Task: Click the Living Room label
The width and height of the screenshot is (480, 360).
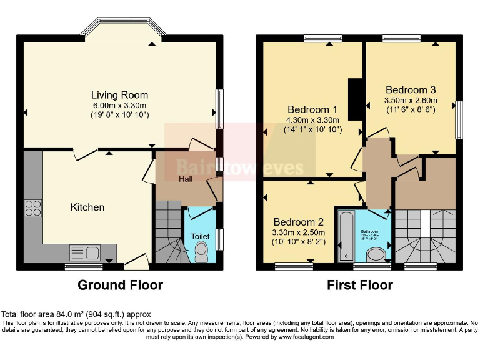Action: tap(119, 95)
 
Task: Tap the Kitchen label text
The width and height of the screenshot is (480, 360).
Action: tap(87, 207)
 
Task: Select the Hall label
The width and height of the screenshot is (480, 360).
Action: tap(186, 179)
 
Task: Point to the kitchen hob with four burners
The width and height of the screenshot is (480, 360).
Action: tap(32, 207)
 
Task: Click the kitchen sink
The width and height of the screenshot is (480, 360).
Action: tap(84, 253)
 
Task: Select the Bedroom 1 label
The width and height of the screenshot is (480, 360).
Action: tap(312, 108)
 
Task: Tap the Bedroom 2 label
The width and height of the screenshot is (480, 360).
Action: tap(298, 222)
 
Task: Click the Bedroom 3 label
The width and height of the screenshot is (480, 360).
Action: tap(411, 88)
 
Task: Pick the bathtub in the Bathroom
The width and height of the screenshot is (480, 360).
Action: tap(346, 236)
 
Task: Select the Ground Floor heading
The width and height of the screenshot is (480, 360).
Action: tap(120, 285)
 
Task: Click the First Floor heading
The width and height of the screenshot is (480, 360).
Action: tap(360, 285)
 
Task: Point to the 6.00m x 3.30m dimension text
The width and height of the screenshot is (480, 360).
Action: tap(119, 106)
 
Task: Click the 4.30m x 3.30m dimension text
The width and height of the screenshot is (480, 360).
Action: tap(312, 119)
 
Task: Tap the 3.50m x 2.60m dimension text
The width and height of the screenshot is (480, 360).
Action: tap(411, 99)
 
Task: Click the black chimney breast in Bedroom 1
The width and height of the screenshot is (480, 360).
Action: tap(355, 98)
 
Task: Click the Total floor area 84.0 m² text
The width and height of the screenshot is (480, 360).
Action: tap(76, 314)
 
